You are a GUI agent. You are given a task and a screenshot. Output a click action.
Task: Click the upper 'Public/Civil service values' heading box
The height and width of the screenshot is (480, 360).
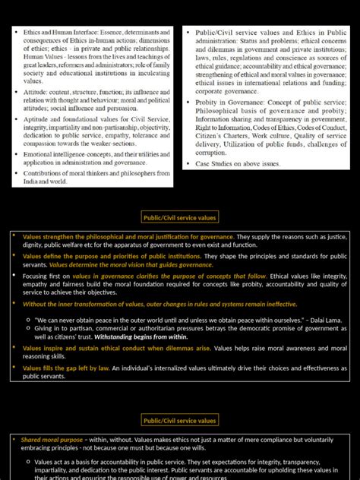click(180, 218)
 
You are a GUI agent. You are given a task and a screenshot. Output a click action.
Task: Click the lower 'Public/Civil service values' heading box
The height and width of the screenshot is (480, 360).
click(180, 420)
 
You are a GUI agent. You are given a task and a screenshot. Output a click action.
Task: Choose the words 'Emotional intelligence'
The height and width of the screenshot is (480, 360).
click(57, 154)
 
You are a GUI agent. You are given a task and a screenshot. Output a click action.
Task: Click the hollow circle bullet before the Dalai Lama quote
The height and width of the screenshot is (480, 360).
click(28, 320)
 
